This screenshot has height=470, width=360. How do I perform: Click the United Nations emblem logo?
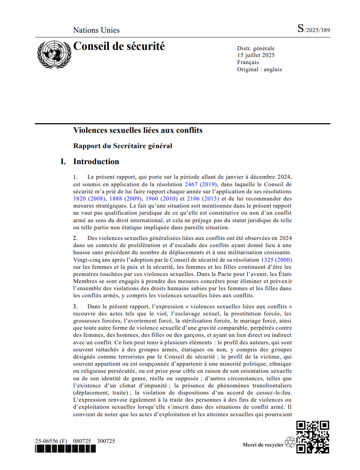pos(54,54)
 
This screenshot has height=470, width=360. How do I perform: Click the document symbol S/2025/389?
pos(314,29)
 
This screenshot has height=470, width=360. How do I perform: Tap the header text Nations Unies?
pos(96,30)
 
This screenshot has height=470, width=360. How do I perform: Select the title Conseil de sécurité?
pos(119,46)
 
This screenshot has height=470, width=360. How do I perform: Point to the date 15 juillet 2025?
pos(256,55)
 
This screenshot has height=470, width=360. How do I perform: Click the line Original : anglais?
pos(259,69)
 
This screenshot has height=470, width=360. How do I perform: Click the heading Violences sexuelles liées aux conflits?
pos(138,130)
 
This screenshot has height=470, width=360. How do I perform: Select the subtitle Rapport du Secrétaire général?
pos(123,146)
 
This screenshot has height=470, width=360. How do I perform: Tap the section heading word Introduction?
pos(96,162)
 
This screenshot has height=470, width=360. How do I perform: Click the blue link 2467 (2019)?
pos(201,184)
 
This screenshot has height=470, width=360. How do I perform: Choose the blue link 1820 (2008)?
pos(89,199)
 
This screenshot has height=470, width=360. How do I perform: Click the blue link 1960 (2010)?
pos(161,199)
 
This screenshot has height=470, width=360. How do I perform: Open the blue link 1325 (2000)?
pos(276,260)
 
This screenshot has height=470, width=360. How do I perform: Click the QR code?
pos(313,437)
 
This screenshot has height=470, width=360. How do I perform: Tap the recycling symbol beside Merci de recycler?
pos(290,442)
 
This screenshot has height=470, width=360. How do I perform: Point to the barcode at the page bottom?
pos(66,449)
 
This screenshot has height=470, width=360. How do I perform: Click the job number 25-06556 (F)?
pos(51,441)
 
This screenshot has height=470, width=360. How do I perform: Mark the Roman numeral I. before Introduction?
pos(63,162)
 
